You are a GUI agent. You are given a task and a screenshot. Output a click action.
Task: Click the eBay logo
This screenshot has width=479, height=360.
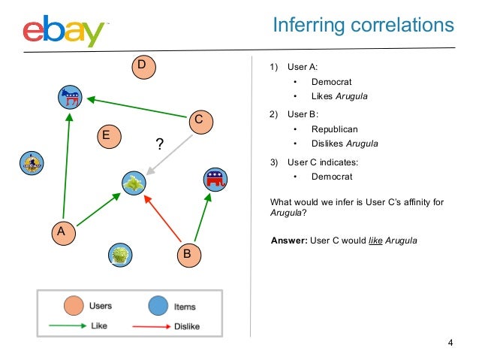(x=64, y=31)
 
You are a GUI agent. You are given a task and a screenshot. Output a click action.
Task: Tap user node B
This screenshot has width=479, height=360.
(x=188, y=254)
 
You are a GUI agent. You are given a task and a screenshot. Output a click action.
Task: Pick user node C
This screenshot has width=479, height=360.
(x=198, y=119)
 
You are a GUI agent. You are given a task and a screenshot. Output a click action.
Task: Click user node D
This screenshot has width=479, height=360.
(x=140, y=66)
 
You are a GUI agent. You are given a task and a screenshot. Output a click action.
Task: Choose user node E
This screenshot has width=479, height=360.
(x=107, y=136)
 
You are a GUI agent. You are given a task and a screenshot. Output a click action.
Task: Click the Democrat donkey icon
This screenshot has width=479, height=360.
(x=71, y=96)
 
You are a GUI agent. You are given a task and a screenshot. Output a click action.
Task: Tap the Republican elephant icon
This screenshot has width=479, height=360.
(x=215, y=180)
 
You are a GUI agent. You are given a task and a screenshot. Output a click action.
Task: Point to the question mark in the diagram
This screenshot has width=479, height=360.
(x=159, y=144)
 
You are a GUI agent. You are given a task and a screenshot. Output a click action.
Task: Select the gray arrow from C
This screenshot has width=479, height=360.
(x=170, y=154)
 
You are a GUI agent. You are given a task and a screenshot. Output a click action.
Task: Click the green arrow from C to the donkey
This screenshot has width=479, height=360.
(x=135, y=106)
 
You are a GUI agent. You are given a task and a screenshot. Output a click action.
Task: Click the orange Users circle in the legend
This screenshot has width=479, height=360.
(x=73, y=307)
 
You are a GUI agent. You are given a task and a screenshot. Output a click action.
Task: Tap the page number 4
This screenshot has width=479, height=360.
(x=450, y=343)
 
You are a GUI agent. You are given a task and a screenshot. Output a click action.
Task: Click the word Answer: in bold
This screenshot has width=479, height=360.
(x=288, y=241)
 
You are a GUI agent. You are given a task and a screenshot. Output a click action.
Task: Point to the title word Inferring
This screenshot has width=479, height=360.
(x=307, y=26)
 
